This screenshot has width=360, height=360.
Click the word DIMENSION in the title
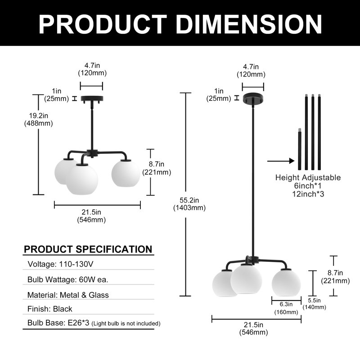coord(249,25)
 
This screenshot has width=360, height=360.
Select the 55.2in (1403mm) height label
coord(189,204)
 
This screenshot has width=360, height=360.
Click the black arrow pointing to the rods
coord(281,161)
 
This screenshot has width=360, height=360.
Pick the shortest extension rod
coord(299,149)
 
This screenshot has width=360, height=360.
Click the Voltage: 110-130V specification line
coord(60,264)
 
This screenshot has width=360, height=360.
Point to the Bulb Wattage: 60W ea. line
coord(68,279)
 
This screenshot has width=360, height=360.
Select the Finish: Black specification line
coord(49,309)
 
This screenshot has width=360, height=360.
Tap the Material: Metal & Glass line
coord(68,295)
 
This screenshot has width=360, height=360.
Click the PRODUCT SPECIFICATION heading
coord(88,249)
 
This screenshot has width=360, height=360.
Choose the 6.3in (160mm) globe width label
coord(286,308)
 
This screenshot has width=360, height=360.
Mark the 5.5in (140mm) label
coord(314,303)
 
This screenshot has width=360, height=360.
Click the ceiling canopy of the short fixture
coord(92,99)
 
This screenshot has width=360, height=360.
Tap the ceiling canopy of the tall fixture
coord(253,98)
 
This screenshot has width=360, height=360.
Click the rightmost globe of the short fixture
coord(126,173)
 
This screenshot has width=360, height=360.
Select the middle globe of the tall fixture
coord(246,279)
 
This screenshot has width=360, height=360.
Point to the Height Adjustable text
coord(308,177)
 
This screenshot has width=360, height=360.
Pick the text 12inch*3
coord(308,194)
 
